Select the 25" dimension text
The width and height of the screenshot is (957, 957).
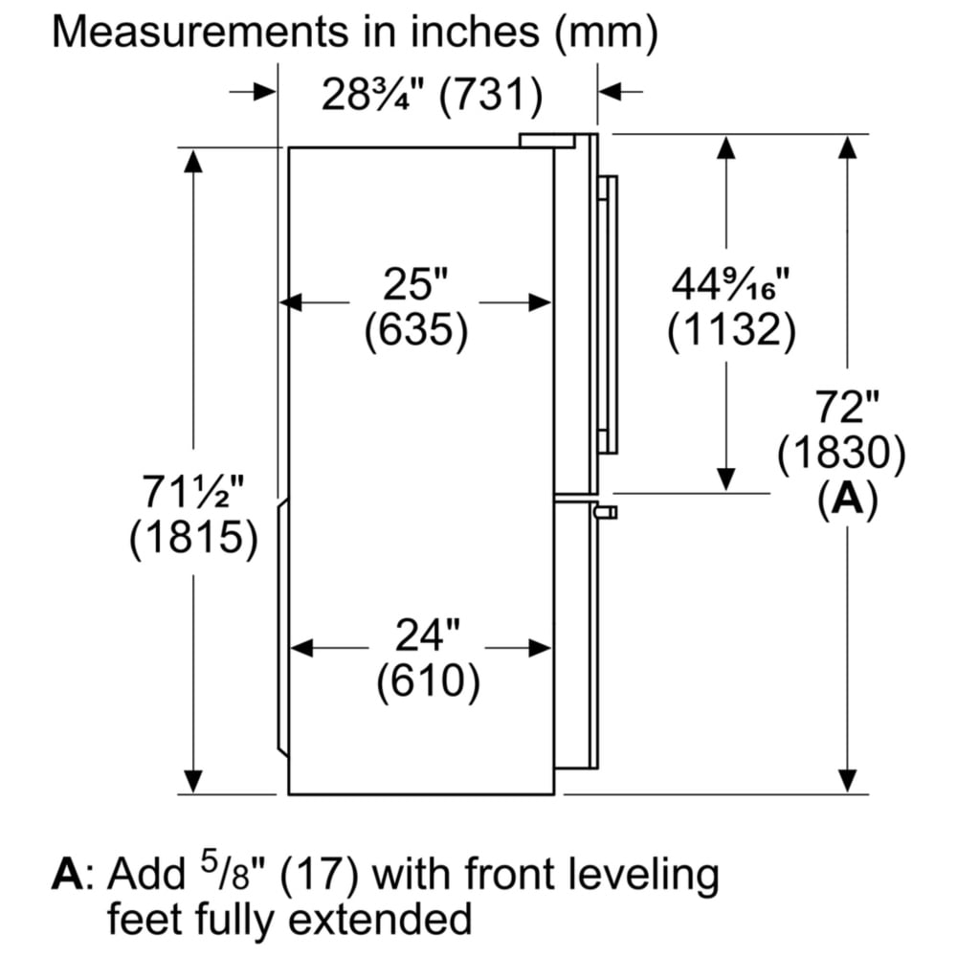click(415, 284)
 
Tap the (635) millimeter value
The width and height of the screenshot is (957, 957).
click(415, 330)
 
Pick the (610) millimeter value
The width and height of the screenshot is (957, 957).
click(427, 681)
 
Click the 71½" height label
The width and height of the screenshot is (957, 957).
click(192, 494)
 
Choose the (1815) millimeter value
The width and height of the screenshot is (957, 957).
click(193, 540)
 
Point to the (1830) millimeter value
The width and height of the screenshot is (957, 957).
click(841, 454)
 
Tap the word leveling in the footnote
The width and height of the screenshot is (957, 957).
click(646, 874)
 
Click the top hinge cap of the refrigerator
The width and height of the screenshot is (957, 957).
click(546, 140)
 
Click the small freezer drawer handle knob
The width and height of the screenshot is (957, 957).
click(607, 512)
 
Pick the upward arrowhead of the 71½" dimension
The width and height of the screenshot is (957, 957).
click(193, 161)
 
